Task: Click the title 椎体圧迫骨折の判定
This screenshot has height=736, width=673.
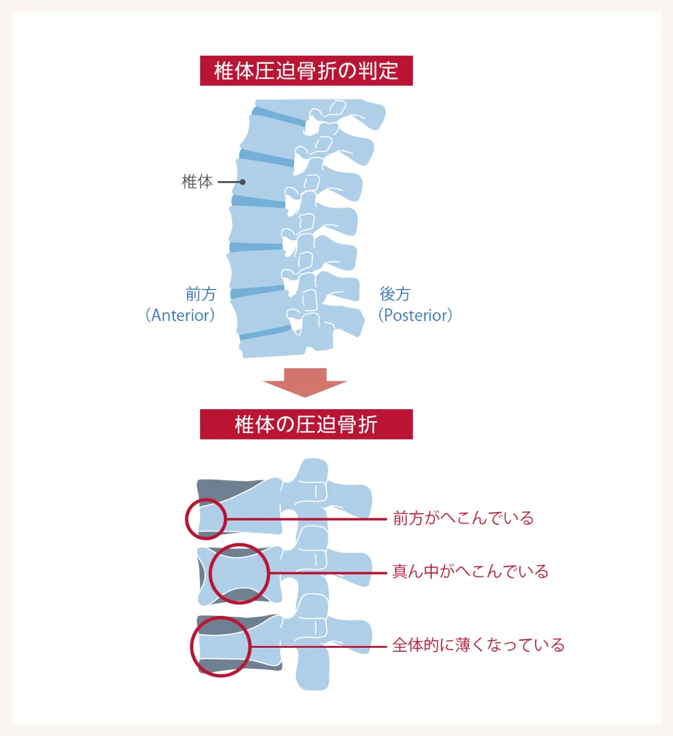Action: (306, 71)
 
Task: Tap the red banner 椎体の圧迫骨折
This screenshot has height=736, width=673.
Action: (306, 424)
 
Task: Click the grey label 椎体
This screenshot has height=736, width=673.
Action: (197, 182)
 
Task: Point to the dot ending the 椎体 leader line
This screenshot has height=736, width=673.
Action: (243, 182)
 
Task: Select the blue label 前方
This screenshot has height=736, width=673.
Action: (201, 294)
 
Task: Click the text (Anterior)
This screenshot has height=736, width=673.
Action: (180, 315)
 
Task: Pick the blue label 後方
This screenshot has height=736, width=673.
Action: (395, 294)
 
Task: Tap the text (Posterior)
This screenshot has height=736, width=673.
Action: (415, 315)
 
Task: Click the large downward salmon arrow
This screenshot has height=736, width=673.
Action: (305, 382)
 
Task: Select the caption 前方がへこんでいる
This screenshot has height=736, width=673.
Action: (463, 518)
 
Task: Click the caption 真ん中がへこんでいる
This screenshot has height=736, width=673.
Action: (470, 572)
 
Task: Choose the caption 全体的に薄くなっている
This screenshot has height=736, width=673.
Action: (478, 645)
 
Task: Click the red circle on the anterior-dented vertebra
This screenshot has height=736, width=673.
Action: (205, 519)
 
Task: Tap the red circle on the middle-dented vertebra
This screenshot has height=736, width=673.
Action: (239, 573)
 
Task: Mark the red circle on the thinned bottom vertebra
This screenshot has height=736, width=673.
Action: (220, 647)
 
